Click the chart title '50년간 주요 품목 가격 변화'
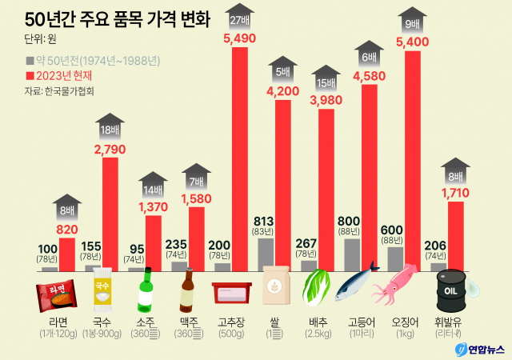pos(112,18)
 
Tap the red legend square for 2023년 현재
pos(29,75)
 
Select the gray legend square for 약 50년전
pos(29,61)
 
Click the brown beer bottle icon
pos(189,291)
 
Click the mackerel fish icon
pos(356,285)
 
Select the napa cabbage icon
pos(313,289)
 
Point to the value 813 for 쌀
pos(264,220)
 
